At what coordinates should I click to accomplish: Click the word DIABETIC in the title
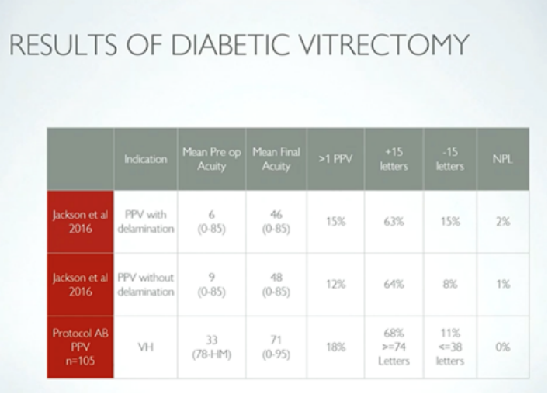coord(223,45)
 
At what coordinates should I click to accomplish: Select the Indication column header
coord(146,159)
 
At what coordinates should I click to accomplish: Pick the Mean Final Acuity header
coord(276,159)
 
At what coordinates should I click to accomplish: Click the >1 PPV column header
coord(335,159)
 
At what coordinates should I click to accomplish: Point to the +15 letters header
coord(394,159)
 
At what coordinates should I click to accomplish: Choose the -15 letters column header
coord(450,159)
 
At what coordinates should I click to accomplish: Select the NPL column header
coord(502,159)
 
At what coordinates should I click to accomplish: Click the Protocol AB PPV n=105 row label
coord(80,347)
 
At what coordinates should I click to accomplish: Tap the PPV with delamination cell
coord(146,221)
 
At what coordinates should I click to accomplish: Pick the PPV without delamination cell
coord(146,284)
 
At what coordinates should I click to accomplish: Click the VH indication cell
coord(146,347)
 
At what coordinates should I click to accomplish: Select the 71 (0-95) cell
coord(276,347)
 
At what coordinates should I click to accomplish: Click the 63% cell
coord(394,221)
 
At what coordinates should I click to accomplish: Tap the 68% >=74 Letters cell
coord(394,347)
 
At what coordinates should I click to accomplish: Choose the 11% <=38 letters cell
coord(450,347)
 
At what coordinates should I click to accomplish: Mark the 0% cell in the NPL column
coord(502,347)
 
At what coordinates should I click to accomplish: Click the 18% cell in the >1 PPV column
coord(335,347)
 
